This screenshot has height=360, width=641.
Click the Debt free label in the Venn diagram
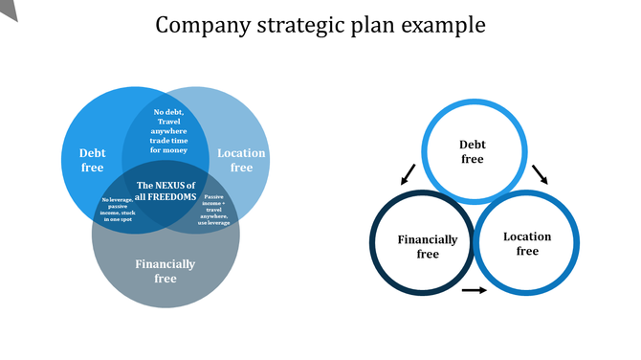[x=93, y=160]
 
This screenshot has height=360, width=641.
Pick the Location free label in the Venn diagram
[x=241, y=160]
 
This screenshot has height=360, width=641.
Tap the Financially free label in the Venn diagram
[x=166, y=271]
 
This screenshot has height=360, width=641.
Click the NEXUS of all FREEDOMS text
[x=166, y=191]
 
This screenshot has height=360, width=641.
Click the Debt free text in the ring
[x=473, y=152]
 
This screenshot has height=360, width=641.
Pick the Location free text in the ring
[x=527, y=243]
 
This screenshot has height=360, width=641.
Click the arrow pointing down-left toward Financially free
[x=409, y=173]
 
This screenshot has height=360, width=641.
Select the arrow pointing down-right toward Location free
[x=540, y=173]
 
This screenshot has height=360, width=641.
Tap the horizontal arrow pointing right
[x=474, y=290]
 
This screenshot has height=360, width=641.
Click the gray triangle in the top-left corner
[x=9, y=8]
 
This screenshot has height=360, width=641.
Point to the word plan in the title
[x=367, y=26]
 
